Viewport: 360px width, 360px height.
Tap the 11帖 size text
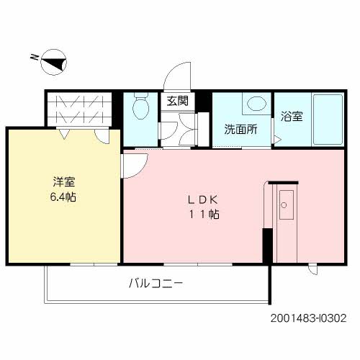(205, 214)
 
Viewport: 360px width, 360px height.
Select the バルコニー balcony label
(156, 284)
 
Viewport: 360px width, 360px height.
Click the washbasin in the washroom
(254, 104)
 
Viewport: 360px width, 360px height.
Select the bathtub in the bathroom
(333, 118)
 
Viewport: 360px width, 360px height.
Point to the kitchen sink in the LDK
(286, 205)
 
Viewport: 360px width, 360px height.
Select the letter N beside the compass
(35, 56)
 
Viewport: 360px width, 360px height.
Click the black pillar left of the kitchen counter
(266, 246)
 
